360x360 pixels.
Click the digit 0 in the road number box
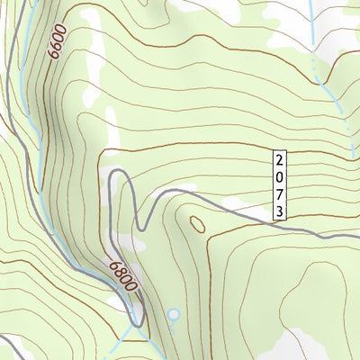pyautogui.click(x=281, y=176)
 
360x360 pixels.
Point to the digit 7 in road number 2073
pyautogui.click(x=281, y=193)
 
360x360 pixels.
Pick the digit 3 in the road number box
pyautogui.click(x=281, y=211)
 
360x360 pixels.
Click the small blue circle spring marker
pyautogui.click(x=174, y=315)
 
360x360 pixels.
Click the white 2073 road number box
pyautogui.click(x=281, y=185)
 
